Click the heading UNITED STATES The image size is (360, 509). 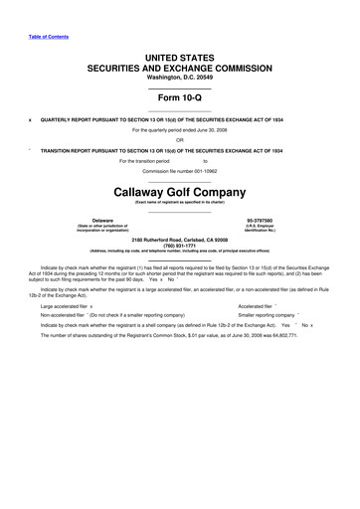coord(179,61)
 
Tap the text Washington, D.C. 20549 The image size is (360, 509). coord(179,79)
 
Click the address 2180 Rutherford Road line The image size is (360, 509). coord(180,239)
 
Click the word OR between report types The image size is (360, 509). coord(180,139)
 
